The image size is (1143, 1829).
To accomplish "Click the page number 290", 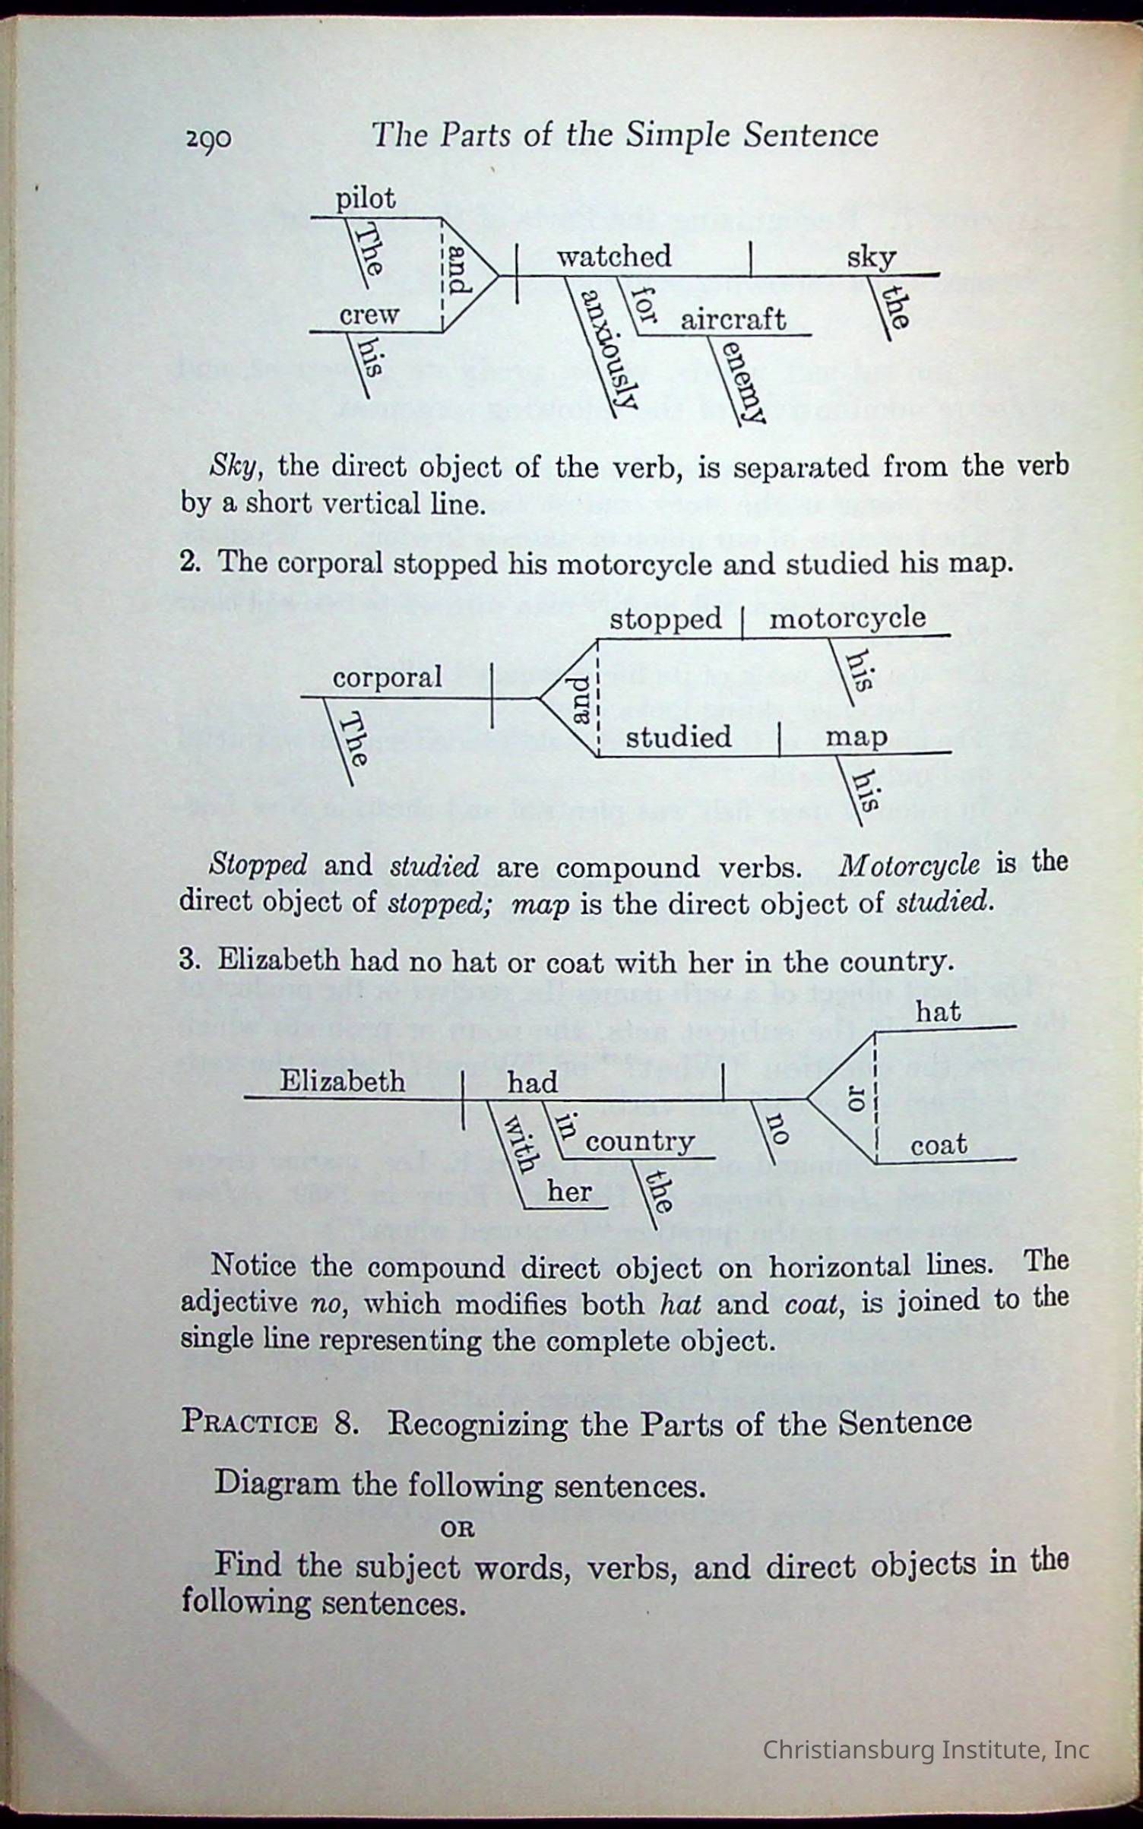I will pyautogui.click(x=208, y=139).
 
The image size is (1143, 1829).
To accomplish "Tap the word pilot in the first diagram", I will pyautogui.click(x=366, y=199).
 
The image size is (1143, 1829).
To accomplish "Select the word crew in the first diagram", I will pyautogui.click(x=369, y=315).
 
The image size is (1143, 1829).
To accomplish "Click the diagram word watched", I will pyautogui.click(x=614, y=256).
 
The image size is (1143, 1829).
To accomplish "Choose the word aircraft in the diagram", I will pyautogui.click(x=733, y=319).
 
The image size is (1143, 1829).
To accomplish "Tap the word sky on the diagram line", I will pyautogui.click(x=871, y=258).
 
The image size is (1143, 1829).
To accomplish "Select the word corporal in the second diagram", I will pyautogui.click(x=387, y=677).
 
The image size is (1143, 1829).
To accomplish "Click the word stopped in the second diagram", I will pyautogui.click(x=665, y=619).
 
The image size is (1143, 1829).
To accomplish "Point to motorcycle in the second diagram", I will pyautogui.click(x=847, y=617).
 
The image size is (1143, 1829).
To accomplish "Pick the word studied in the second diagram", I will pyautogui.click(x=678, y=736).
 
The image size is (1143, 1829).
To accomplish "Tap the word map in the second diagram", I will pyautogui.click(x=856, y=736).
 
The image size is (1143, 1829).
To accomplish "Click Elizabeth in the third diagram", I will pyautogui.click(x=342, y=1081).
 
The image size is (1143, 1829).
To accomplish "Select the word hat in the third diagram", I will pyautogui.click(x=938, y=1012).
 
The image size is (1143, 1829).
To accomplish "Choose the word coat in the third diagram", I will pyautogui.click(x=939, y=1144).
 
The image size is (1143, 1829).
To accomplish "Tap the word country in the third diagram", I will pyautogui.click(x=640, y=1141).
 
